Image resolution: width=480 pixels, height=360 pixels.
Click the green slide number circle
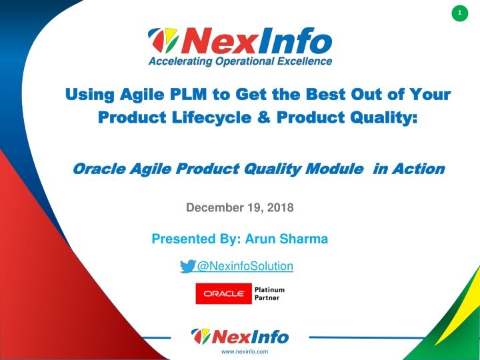point(459,13)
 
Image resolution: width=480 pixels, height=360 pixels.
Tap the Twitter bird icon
point(187,266)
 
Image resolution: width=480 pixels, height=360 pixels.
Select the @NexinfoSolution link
point(245,266)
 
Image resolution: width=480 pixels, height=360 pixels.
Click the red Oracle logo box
point(223,293)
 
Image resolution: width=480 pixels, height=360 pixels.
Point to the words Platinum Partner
point(269,293)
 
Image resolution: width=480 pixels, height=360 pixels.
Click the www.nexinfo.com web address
point(245,352)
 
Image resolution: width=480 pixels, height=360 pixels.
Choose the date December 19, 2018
point(240,207)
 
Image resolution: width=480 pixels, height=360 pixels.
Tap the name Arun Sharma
point(287,239)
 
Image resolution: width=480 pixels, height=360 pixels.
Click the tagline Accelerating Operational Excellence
point(240,61)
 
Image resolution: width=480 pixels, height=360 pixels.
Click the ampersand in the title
point(264,117)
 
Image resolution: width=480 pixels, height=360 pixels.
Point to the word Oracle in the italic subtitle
point(99,169)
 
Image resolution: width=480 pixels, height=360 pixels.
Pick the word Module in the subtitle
point(334,169)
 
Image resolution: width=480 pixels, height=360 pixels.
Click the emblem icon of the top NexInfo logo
point(163,40)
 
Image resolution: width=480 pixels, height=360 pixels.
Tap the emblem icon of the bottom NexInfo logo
point(201,336)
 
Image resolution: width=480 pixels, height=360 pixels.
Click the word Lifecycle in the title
point(211,118)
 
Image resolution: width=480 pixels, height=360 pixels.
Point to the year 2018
point(281,207)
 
